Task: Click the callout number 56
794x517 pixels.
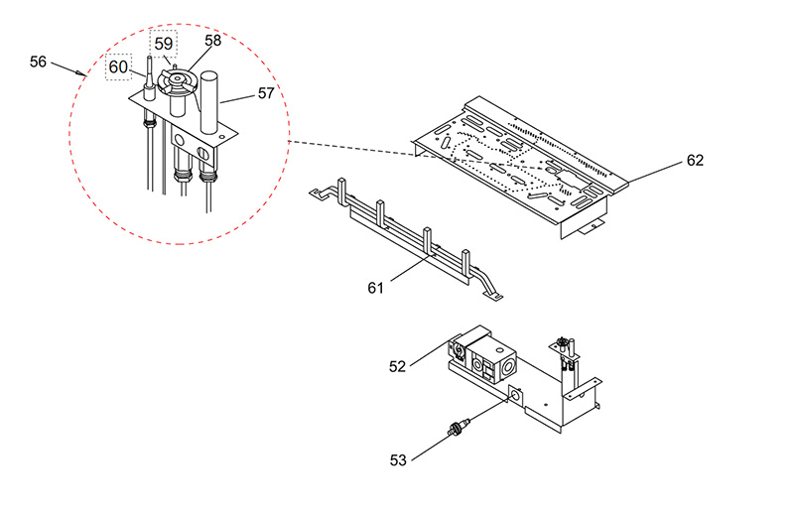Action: [x=38, y=62]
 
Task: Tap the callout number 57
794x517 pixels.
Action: [x=266, y=93]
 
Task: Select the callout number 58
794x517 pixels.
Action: [x=213, y=41]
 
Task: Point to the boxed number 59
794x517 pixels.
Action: [x=164, y=44]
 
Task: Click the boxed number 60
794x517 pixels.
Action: [x=118, y=66]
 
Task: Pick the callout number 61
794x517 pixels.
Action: [x=375, y=288]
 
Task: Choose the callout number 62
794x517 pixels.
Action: [x=696, y=160]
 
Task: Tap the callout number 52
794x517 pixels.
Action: [x=398, y=366]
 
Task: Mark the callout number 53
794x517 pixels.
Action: [x=398, y=459]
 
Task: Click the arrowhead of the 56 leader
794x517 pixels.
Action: [x=82, y=74]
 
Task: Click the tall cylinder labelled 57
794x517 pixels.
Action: [x=210, y=102]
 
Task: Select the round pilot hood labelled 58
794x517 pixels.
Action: [x=177, y=82]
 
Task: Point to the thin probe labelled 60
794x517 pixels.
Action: [x=150, y=78]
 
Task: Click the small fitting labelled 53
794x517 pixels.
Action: [x=458, y=427]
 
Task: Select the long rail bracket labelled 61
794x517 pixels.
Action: [x=405, y=238]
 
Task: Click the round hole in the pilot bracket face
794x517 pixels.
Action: [x=180, y=138]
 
